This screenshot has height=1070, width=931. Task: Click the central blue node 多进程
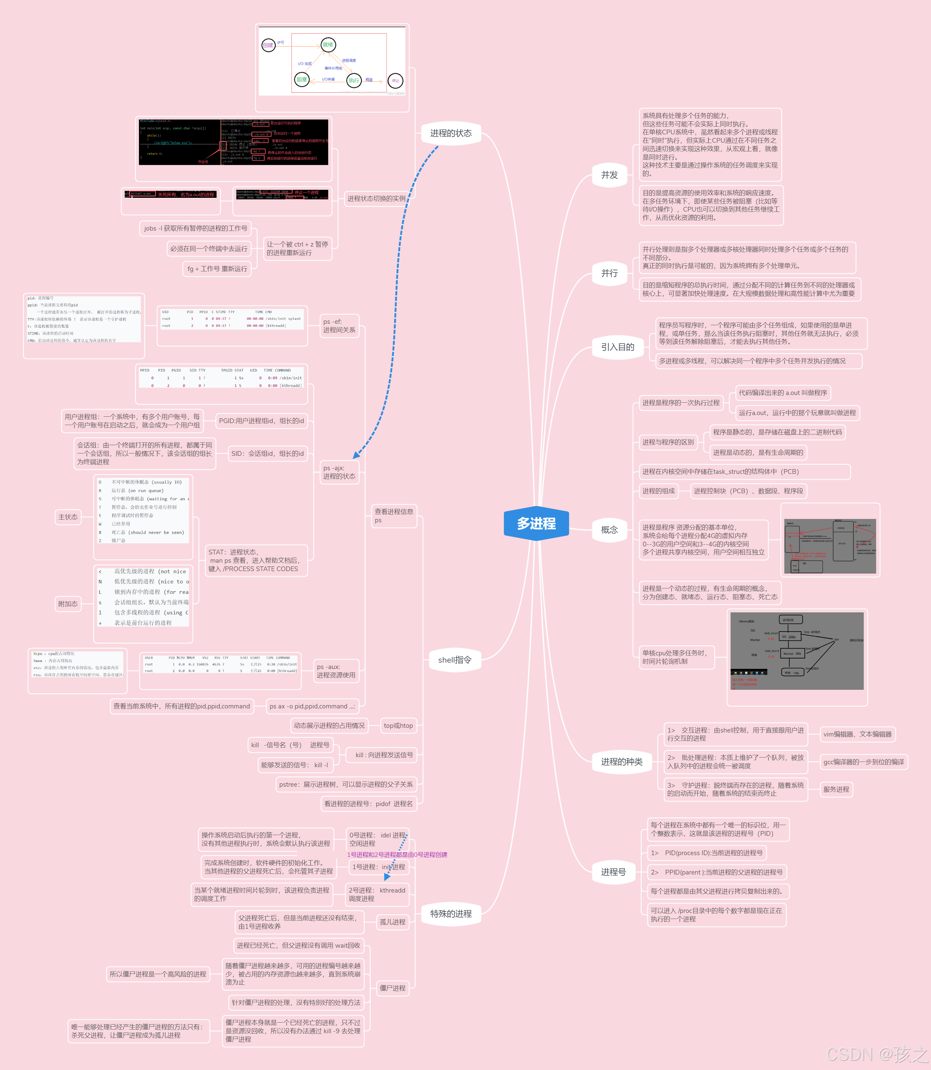point(536,523)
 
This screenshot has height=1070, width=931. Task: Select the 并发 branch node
point(609,175)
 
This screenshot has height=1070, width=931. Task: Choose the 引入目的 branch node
point(617,347)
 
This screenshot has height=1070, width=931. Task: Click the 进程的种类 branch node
point(621,762)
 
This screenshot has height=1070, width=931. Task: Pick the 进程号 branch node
point(613,872)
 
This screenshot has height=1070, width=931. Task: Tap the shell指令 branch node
point(455,660)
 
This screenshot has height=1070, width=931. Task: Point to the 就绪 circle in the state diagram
point(328,45)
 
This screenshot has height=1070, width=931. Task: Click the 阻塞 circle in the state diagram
point(301,80)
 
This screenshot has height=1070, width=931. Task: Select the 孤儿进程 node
point(392,922)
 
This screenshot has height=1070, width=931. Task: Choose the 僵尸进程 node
point(392,988)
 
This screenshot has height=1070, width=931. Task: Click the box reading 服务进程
point(836,789)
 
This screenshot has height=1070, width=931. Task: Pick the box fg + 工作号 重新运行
point(217,269)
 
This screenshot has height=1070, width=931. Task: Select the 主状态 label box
point(68,517)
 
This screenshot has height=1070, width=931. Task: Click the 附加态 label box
point(68,604)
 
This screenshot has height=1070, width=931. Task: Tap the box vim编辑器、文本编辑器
point(857,734)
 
